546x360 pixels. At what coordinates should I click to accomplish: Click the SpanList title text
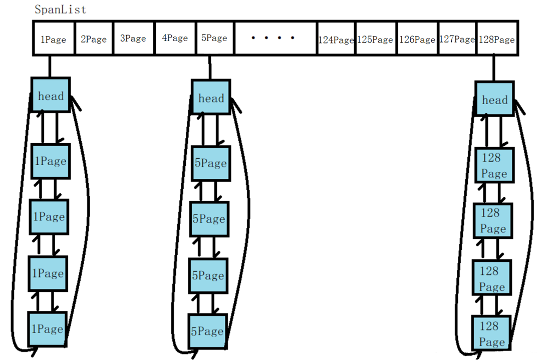(60, 9)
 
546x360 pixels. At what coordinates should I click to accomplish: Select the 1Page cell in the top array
(54, 39)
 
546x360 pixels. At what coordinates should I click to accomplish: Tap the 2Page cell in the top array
(94, 39)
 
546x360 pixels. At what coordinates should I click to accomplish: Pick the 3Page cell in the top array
(133, 38)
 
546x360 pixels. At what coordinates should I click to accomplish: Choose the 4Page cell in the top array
(175, 38)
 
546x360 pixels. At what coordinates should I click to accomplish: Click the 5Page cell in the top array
(214, 38)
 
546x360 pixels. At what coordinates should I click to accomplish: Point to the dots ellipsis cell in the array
(275, 38)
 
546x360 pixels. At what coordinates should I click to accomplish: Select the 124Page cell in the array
(336, 39)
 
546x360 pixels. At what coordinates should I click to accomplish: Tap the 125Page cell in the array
(375, 39)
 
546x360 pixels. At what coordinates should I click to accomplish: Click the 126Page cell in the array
(417, 39)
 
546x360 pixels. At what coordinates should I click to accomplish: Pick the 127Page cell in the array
(457, 39)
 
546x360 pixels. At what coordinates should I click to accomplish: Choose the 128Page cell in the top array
(497, 39)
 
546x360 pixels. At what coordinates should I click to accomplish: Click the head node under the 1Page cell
(51, 95)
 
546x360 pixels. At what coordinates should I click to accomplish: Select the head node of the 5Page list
(211, 98)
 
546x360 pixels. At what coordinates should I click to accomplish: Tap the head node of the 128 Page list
(494, 100)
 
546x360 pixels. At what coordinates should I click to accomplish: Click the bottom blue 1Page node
(47, 329)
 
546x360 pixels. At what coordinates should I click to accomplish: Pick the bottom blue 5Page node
(207, 331)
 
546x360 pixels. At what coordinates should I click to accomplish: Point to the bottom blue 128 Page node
(491, 333)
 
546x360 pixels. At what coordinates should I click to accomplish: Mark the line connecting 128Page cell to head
(494, 69)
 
